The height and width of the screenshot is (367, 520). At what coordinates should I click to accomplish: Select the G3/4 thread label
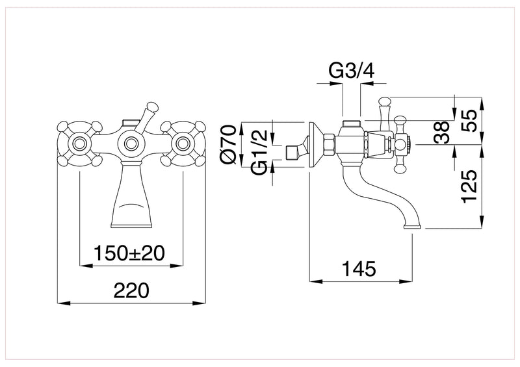(x=351, y=71)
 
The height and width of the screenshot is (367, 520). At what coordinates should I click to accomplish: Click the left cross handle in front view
(x=79, y=143)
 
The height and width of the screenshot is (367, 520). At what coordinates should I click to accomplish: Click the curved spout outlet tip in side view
(x=413, y=226)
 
